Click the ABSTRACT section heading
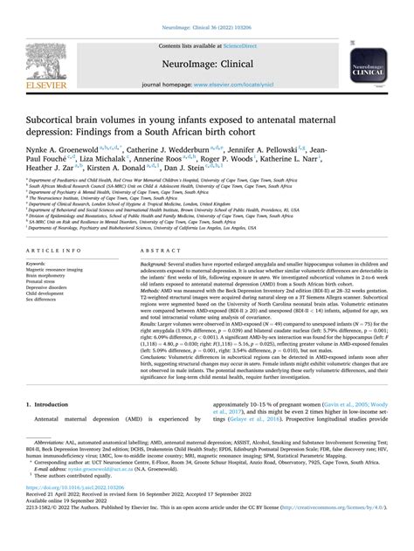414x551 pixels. coord(147,249)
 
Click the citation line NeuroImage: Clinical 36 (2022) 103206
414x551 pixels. coord(206,6)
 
